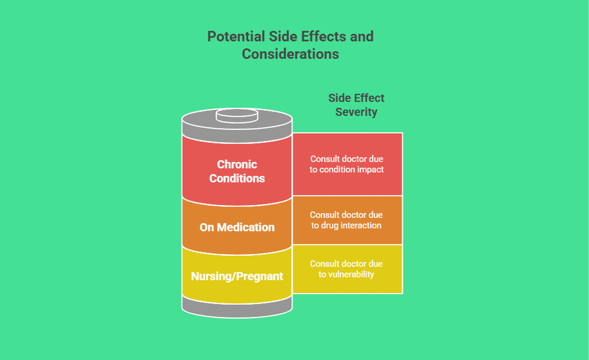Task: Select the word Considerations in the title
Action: coord(290,54)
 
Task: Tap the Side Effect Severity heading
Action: coord(356,105)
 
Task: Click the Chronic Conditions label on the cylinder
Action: coord(237,171)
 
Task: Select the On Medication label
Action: coord(237,227)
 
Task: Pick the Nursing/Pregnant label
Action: coord(237,276)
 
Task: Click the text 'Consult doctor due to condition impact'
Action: coord(347,164)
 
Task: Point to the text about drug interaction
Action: coord(347,220)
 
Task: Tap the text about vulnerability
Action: coord(347,269)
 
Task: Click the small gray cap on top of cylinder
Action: coord(237,116)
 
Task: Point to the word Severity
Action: coord(356,112)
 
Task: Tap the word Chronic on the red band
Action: coord(237,164)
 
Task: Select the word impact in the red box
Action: coord(371,169)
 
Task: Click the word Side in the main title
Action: coord(279,37)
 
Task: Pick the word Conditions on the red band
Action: coord(237,178)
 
